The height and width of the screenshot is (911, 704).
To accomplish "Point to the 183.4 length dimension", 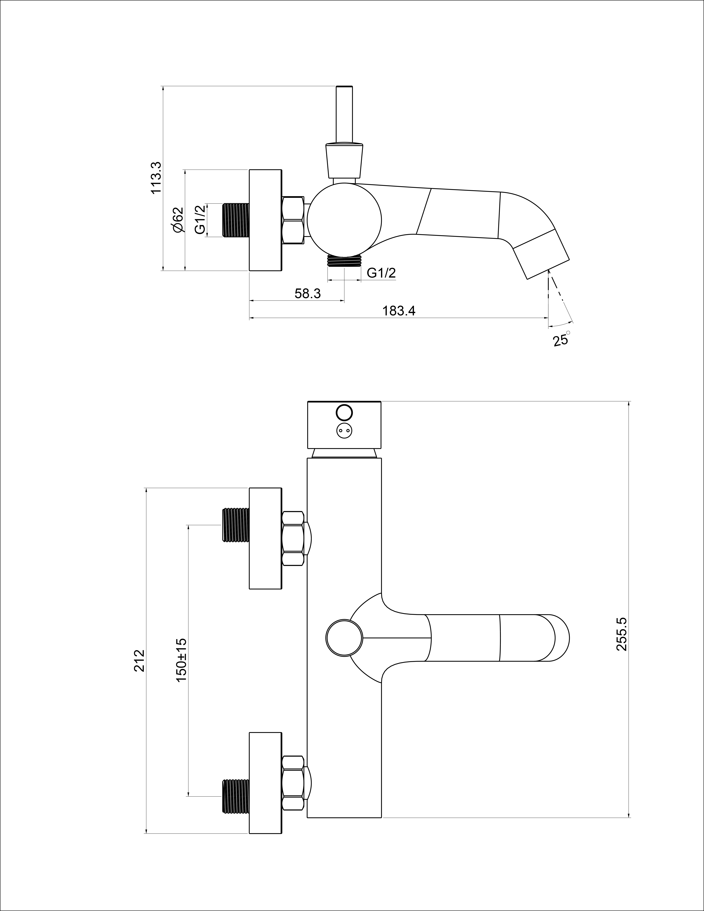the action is coord(399,311).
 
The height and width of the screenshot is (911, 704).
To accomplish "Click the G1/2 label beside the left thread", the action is coord(200,220).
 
